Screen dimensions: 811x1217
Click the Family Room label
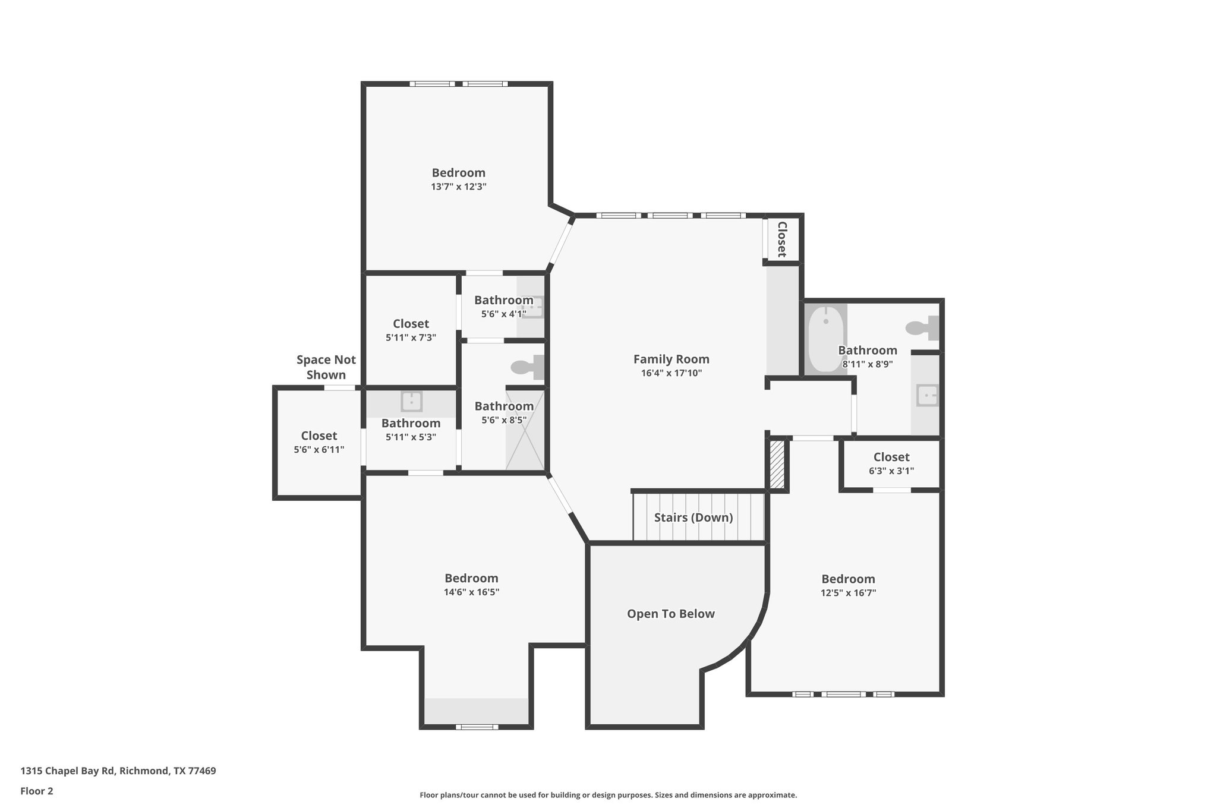671,359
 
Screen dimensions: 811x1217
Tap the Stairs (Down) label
693,517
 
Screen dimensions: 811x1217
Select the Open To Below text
670,614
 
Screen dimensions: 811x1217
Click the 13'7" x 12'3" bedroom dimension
459,187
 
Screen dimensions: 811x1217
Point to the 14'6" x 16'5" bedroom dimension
471,592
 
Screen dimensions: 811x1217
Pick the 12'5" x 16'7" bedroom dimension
848,592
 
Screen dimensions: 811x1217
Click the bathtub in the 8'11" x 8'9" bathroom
825,337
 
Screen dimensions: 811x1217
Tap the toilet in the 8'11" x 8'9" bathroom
922,327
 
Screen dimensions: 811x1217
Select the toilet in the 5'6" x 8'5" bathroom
526,367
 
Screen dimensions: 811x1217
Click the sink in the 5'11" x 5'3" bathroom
411,401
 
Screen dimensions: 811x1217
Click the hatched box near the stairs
777,464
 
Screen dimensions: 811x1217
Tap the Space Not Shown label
326,367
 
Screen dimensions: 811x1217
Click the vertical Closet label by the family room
782,239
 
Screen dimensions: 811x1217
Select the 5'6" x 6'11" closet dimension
319,450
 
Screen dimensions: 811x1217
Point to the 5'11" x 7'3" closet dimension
411,337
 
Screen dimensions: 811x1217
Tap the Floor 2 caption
37,791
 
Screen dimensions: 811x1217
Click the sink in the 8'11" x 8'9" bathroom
926,395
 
